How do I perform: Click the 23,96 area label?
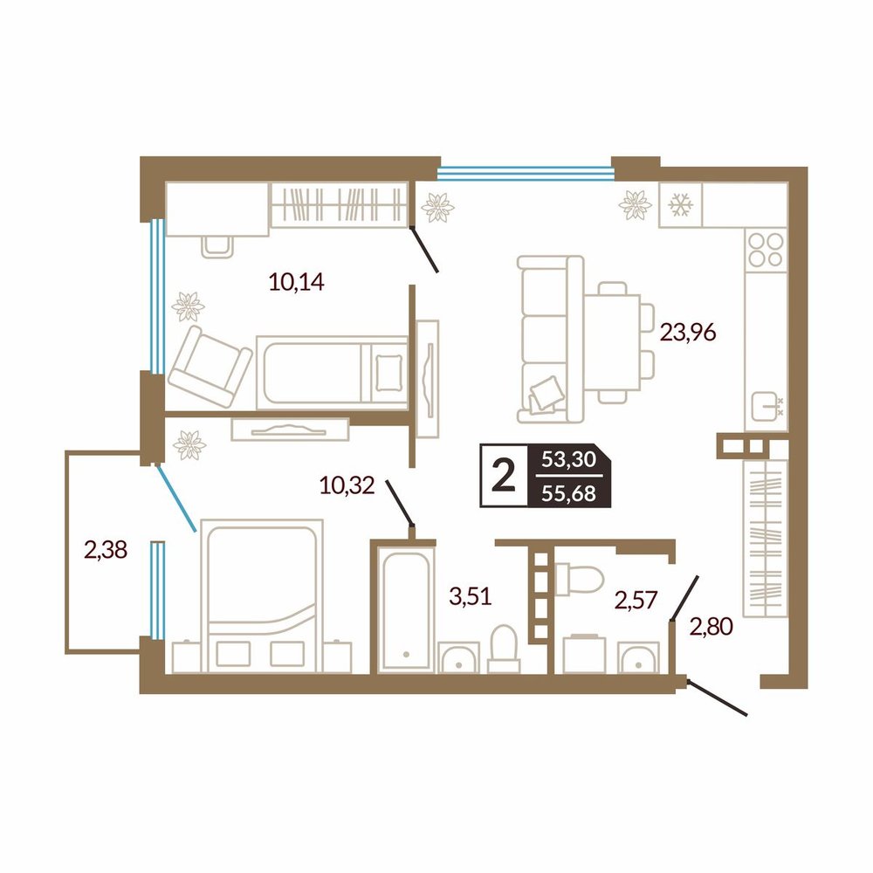click(688, 333)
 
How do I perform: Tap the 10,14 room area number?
click(296, 282)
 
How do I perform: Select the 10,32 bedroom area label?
click(347, 485)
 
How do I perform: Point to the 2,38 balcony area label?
click(106, 550)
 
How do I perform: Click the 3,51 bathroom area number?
click(471, 597)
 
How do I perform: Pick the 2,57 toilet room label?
click(636, 601)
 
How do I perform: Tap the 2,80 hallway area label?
click(711, 627)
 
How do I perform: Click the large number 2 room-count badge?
click(504, 476)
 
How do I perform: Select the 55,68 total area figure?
click(569, 493)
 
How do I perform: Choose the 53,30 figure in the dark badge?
click(569, 459)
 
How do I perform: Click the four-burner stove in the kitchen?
click(766, 250)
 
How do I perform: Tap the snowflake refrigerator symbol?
click(680, 205)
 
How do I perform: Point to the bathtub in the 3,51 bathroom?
click(406, 608)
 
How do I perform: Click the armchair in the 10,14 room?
click(210, 367)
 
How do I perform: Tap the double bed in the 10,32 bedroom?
click(262, 595)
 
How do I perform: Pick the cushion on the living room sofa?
click(545, 394)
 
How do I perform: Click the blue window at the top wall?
click(526, 174)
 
